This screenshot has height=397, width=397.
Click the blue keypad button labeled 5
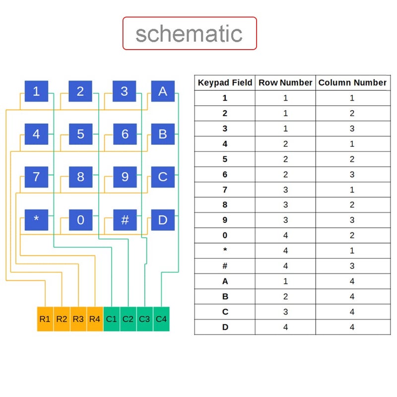pyautogui.click(x=80, y=134)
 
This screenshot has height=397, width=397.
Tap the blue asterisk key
pyautogui.click(x=36, y=220)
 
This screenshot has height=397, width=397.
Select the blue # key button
pyautogui.click(x=125, y=220)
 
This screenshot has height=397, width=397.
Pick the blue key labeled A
pyautogui.click(x=163, y=91)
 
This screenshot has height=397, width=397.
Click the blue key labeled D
pyautogui.click(x=163, y=220)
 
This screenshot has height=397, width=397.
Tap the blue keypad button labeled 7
pyautogui.click(x=36, y=177)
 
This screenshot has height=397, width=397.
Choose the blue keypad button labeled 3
pyautogui.click(x=125, y=91)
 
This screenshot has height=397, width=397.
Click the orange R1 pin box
pyautogui.click(x=45, y=319)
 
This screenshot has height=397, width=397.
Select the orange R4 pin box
pyautogui.click(x=95, y=319)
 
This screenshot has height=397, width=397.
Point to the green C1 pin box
pyautogui.click(x=112, y=319)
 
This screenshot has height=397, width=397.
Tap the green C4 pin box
pyautogui.click(x=161, y=319)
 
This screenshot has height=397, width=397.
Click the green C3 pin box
pyautogui.click(x=144, y=319)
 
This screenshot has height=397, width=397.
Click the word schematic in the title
pyautogui.click(x=189, y=34)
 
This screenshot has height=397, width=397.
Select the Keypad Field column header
pyautogui.click(x=225, y=83)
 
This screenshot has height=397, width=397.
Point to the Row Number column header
pyautogui.click(x=285, y=83)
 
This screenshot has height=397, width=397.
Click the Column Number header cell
pyautogui.click(x=352, y=83)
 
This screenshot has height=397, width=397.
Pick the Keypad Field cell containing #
pyautogui.click(x=225, y=266)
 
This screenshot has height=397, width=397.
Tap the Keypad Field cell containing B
pyautogui.click(x=225, y=297)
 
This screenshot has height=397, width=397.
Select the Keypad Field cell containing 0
pyautogui.click(x=225, y=236)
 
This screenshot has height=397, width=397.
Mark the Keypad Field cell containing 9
pyautogui.click(x=225, y=220)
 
